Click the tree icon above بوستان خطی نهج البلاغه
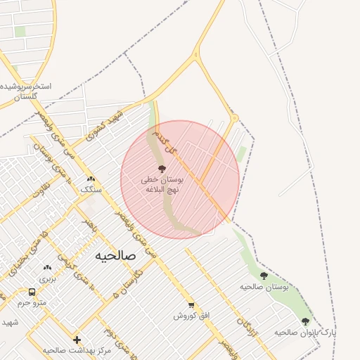pos(162,169)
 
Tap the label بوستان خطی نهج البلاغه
pos(162,185)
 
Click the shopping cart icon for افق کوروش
pos(191,305)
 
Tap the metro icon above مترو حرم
pos(32,292)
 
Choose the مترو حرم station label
pos(32,303)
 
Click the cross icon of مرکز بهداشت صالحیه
pos(77,340)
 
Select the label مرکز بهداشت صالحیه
pos(77,350)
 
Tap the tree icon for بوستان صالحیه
pos(264,276)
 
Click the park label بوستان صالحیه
pos(264,287)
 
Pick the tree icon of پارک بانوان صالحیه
pos(304,321)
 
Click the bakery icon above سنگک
pos(91,179)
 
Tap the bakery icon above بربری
pos(47,268)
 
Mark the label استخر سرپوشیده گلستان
pos(26,91)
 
